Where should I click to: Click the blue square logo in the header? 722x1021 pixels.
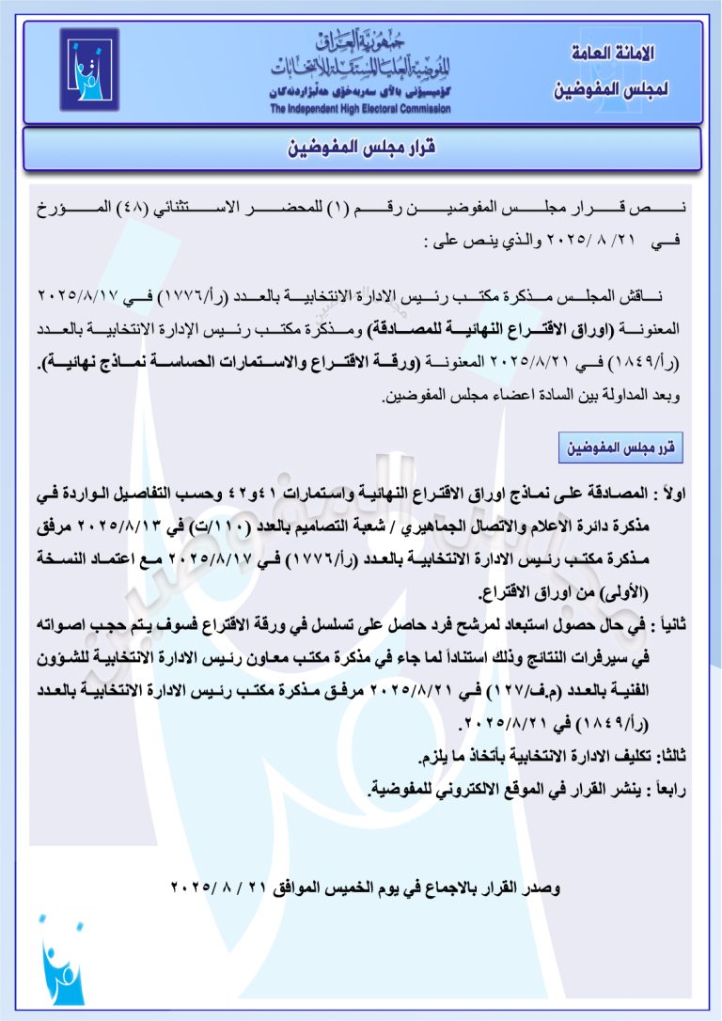(x=90, y=70)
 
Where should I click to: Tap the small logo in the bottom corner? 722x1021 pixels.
(x=62, y=965)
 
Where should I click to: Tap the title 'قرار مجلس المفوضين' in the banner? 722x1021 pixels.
(x=363, y=149)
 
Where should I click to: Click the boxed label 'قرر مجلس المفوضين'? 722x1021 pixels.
(x=618, y=448)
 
